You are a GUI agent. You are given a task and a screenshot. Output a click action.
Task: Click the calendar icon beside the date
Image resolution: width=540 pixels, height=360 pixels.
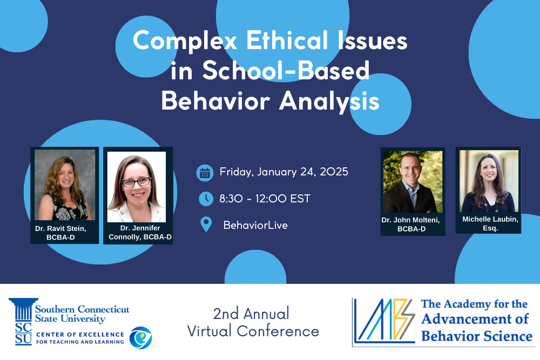205,173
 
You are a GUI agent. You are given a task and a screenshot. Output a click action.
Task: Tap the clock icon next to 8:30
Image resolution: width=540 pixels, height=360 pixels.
206,199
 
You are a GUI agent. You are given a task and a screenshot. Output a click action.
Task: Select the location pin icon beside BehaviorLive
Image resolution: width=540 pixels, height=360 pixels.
206,225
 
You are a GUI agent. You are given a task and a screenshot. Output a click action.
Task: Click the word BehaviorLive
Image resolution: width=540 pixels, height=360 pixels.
255,225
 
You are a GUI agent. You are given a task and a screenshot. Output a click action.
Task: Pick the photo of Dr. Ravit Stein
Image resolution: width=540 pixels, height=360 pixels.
65,185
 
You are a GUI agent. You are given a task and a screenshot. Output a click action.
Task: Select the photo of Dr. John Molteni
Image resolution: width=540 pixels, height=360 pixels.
413,181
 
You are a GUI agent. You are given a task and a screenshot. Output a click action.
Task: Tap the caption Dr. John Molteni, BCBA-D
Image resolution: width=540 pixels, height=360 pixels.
413,225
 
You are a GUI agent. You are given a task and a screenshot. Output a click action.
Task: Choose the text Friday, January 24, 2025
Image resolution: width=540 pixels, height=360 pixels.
283,172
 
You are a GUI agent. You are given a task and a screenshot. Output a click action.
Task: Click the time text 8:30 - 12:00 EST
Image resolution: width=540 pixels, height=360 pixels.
265,199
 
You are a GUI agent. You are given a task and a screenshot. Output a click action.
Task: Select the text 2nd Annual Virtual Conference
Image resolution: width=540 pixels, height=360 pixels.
253,322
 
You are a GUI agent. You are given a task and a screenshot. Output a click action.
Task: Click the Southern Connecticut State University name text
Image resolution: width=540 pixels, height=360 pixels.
82,314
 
